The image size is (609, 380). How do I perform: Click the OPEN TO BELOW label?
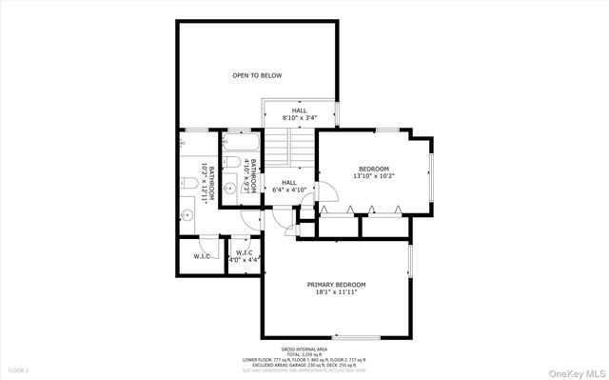coord(257,75)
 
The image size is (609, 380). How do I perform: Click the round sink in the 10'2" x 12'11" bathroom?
coord(187,215)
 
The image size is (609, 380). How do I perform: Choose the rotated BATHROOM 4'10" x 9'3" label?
coord(252,176)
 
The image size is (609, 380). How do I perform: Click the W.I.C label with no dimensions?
coord(202,256)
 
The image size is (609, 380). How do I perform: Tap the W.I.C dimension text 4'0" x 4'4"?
coord(244,260)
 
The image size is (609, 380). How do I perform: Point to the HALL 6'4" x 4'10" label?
coord(288,187)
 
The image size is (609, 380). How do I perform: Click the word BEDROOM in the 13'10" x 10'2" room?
coord(373,169)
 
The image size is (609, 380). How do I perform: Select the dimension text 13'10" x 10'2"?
coord(373,176)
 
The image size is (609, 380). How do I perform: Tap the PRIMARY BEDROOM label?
coord(336,285)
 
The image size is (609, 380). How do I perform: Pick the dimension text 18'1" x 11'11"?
coord(336,292)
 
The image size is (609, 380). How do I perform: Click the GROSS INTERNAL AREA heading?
coord(304,350)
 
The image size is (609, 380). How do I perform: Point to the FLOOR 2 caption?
coord(19,370)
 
